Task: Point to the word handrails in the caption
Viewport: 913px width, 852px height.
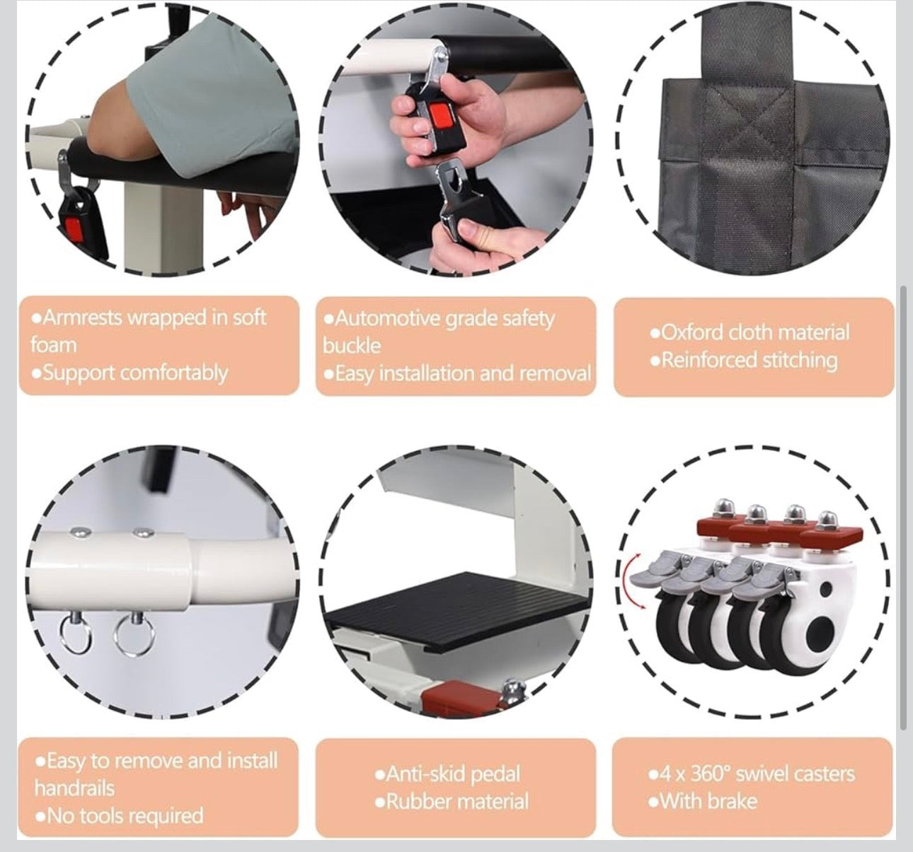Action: (x=74, y=788)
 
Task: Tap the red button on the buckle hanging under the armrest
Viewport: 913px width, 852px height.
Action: (x=74, y=231)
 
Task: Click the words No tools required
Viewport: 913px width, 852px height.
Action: (x=125, y=816)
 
